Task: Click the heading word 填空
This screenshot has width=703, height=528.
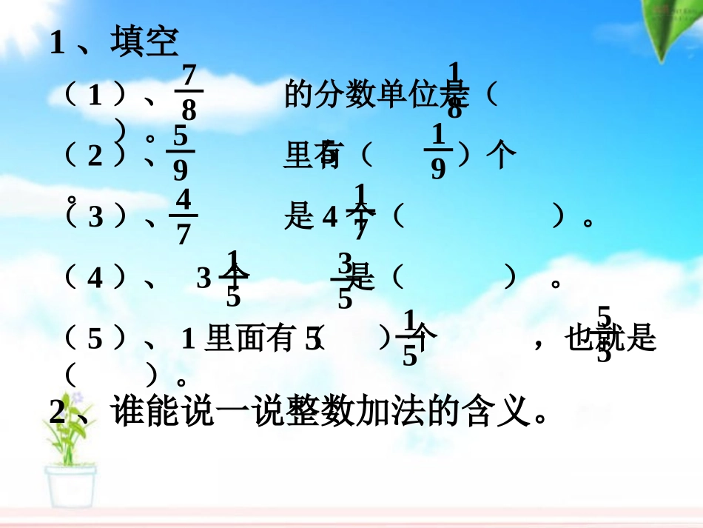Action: pos(144,42)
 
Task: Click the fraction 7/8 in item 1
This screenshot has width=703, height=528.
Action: pos(189,93)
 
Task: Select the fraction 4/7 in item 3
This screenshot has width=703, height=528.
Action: pos(184,218)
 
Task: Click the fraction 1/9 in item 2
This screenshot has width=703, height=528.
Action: pos(438,153)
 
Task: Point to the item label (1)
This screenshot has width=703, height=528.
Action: pos(95,96)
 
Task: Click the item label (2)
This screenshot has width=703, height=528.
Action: pos(95,156)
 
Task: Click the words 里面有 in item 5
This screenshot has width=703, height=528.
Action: pos(250,339)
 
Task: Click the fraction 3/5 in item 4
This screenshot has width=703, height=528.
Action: pos(345,280)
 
